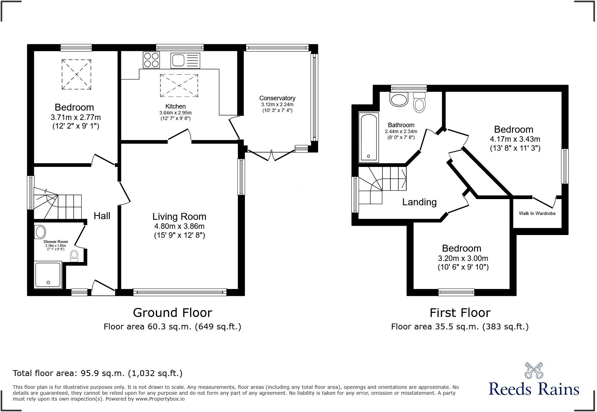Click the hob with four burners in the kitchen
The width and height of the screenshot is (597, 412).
pyautogui.click(x=151, y=60)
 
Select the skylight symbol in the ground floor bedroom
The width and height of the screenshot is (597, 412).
pyautogui.click(x=76, y=74)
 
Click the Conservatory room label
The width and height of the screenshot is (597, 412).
pyautogui.click(x=277, y=98)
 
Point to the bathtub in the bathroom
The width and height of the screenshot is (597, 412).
pyautogui.click(x=369, y=137)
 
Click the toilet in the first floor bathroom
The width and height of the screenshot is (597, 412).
pyautogui.click(x=419, y=103)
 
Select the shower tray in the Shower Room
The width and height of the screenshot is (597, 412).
pyautogui.click(x=48, y=275)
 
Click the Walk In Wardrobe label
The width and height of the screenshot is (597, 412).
pyautogui.click(x=537, y=213)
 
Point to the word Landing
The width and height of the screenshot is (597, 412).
pyautogui.click(x=419, y=202)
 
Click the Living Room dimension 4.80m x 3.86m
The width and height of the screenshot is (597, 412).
pyautogui.click(x=179, y=226)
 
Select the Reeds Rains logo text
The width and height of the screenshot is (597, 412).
pyautogui.click(x=534, y=388)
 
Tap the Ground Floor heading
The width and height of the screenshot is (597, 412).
pyautogui.click(x=172, y=312)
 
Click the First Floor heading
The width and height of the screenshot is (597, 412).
pyautogui.click(x=460, y=312)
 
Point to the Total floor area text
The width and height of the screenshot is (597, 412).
pyautogui.click(x=97, y=373)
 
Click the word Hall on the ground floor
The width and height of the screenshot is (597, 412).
pyautogui.click(x=102, y=216)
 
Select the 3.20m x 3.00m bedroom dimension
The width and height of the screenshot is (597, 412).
pyautogui.click(x=463, y=258)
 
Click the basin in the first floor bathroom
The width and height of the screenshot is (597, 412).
pyautogui.click(x=399, y=100)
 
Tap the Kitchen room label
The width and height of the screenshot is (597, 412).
pyautogui.click(x=176, y=106)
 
